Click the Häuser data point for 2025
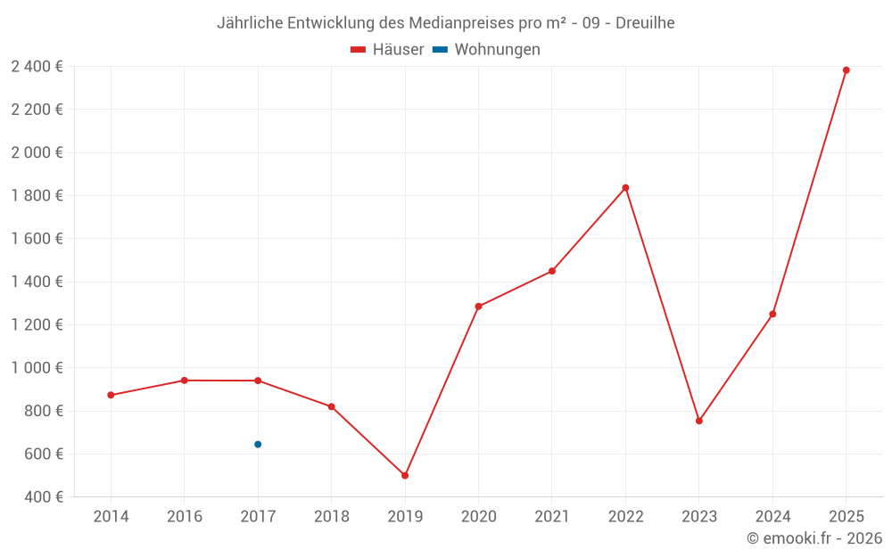(846, 70)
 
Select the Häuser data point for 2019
(405, 476)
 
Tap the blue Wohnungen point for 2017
(258, 444)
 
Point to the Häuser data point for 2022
(625, 188)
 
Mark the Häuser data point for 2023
(699, 421)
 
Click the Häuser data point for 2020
(478, 307)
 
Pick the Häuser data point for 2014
(111, 395)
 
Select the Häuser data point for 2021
(552, 271)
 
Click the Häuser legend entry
(388, 50)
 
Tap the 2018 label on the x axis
(331, 517)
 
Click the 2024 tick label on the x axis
(772, 517)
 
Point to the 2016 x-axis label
(185, 517)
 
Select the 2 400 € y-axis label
(37, 66)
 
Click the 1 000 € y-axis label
(37, 368)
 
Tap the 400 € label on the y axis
(43, 497)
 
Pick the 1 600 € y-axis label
(37, 239)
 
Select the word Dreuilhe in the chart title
(645, 23)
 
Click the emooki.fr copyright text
(814, 538)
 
